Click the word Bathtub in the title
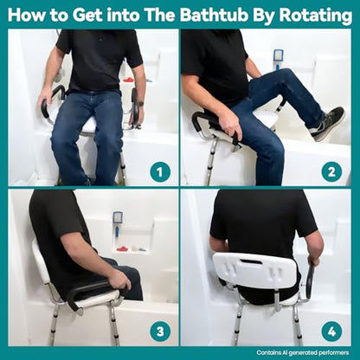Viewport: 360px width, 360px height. (x=214, y=15)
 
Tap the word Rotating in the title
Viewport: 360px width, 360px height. (x=315, y=16)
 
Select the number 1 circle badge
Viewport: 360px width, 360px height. (x=160, y=172)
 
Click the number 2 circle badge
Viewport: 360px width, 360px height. (x=331, y=172)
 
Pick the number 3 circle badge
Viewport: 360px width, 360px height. (x=160, y=331)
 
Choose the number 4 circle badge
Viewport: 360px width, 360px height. (x=331, y=331)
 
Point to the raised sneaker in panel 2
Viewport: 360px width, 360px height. (x=327, y=124)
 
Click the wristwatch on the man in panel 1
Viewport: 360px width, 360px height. (x=140, y=103)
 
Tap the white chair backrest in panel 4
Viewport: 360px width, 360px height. (x=255, y=270)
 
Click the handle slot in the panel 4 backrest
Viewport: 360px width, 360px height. (x=251, y=261)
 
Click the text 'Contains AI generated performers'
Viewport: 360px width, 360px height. (x=303, y=352)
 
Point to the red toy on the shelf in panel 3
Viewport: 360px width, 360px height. (x=122, y=248)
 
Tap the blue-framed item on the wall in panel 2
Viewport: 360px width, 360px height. (x=278, y=59)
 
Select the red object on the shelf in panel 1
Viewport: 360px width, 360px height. (x=128, y=80)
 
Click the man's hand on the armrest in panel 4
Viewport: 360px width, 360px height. (x=314, y=260)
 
